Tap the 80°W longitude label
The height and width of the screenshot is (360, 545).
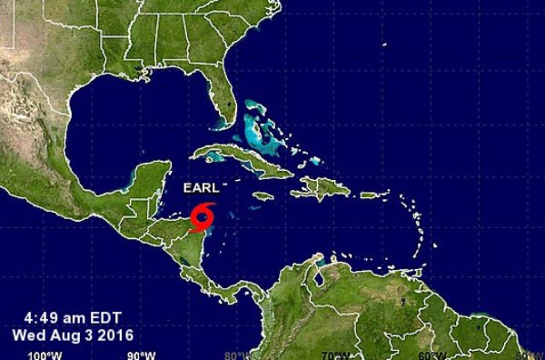pyautogui.click(x=237, y=355)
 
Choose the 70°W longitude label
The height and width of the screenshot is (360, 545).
pyautogui.click(x=335, y=355)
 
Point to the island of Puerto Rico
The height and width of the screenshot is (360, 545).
pyautogui.click(x=369, y=195)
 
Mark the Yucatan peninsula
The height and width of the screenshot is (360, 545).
pyautogui.click(x=150, y=182)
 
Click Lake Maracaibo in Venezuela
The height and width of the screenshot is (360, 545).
pyautogui.click(x=320, y=271)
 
